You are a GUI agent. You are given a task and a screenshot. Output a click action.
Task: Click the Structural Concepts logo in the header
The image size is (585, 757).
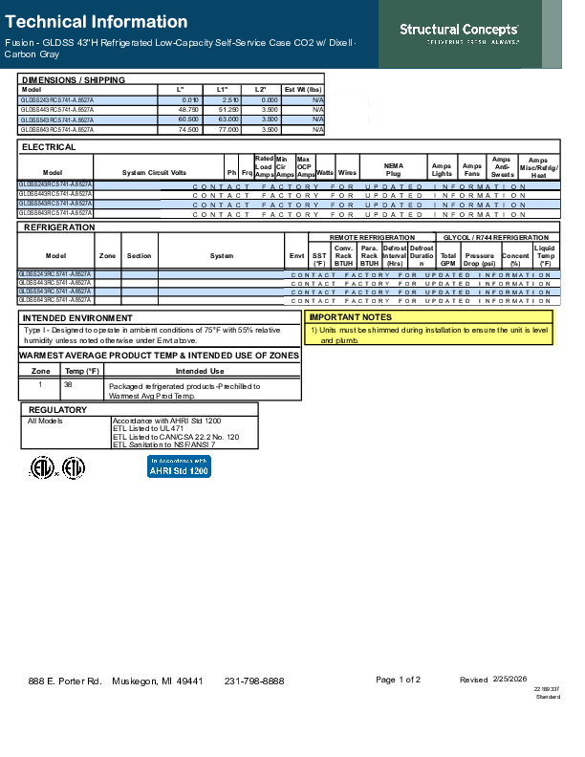click(459, 33)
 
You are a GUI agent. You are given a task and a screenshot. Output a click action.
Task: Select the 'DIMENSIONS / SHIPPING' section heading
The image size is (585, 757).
click(73, 80)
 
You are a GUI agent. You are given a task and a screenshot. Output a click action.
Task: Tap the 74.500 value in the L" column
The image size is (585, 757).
click(187, 129)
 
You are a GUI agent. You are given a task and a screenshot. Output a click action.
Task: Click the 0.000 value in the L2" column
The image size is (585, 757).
click(269, 99)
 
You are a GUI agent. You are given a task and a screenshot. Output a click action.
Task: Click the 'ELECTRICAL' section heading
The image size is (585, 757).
click(50, 148)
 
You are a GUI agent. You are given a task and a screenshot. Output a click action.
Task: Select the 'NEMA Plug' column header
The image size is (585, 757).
click(393, 168)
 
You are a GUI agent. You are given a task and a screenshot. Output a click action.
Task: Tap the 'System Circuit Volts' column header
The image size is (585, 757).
click(154, 172)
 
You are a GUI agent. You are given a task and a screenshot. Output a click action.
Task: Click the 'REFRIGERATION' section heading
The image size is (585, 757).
click(58, 227)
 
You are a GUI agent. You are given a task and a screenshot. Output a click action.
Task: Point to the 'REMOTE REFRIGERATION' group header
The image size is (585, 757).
click(372, 237)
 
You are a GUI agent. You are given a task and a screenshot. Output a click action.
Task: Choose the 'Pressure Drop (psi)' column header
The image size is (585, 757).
click(479, 259)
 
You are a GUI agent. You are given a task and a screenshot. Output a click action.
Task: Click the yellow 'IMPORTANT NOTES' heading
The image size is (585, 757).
click(350, 316)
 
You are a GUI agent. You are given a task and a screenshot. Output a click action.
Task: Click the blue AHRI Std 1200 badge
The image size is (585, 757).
click(179, 466)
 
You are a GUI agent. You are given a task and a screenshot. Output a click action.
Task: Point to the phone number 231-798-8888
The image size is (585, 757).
click(254, 681)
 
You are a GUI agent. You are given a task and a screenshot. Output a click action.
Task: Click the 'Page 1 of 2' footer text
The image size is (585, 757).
click(399, 680)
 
